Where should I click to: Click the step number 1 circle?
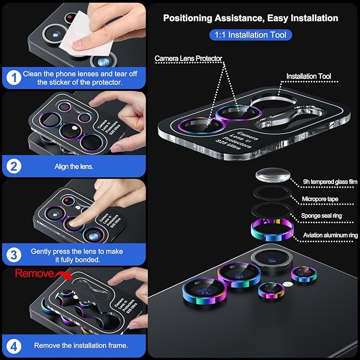point(13,78)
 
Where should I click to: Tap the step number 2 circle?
point(13,166)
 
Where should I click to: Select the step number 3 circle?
point(13,254)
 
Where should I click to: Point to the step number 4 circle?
point(13,345)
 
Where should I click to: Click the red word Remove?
point(34,274)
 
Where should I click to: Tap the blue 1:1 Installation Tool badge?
point(251,36)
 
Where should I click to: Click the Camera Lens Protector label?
point(188,58)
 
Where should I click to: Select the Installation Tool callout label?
point(309,76)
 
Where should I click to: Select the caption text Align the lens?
point(74,166)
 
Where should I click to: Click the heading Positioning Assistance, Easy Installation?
point(250,18)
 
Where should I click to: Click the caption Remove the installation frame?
point(81,345)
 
